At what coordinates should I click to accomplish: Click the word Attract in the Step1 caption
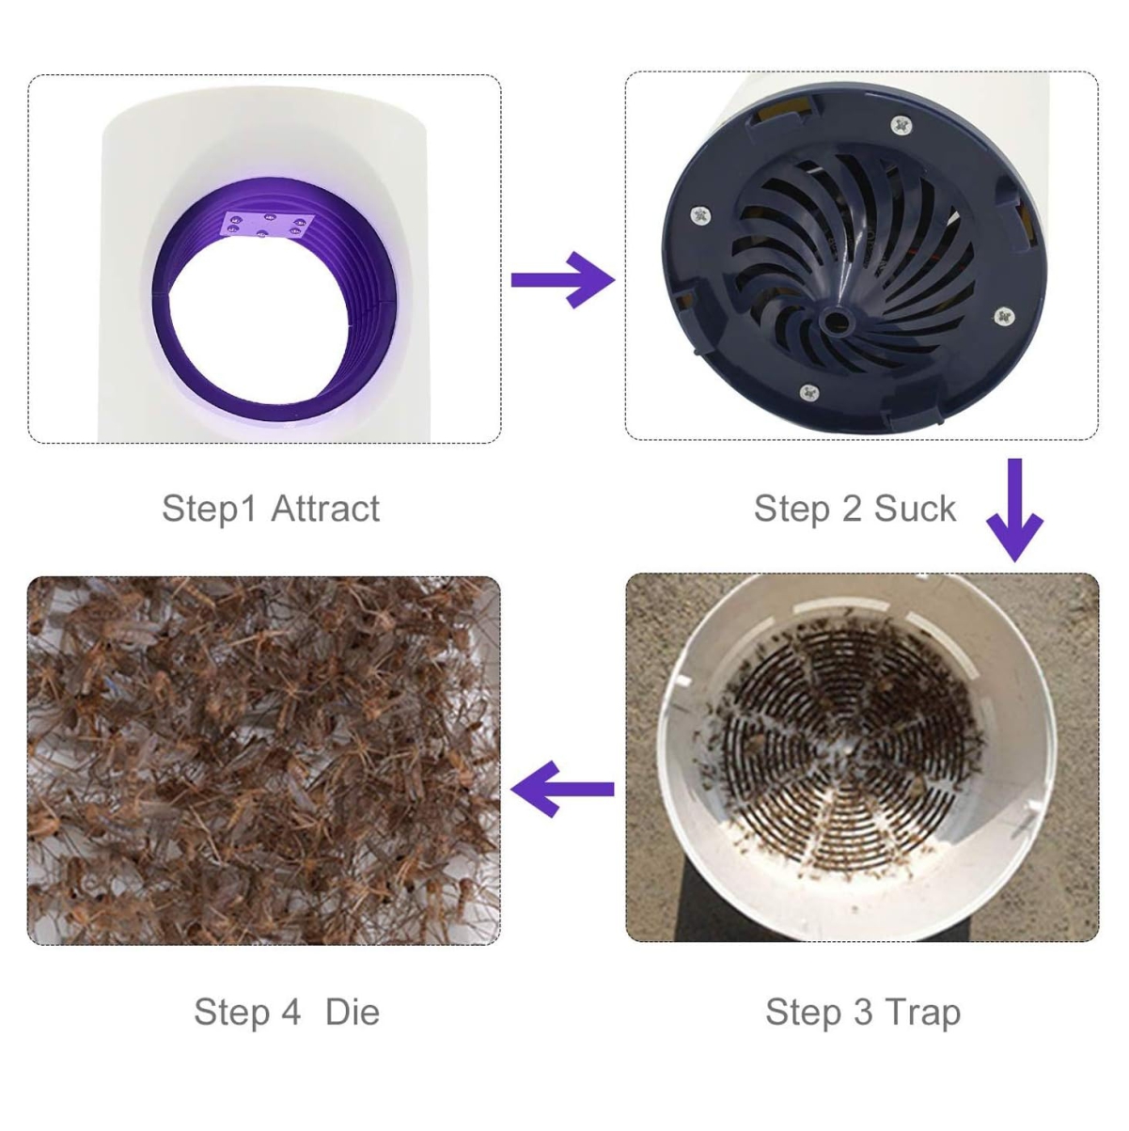tap(324, 509)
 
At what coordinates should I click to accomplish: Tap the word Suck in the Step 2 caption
tap(915, 509)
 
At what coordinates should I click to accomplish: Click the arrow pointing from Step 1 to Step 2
tap(563, 280)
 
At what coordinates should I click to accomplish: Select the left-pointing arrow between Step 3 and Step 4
tap(562, 789)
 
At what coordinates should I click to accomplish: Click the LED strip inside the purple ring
tap(267, 226)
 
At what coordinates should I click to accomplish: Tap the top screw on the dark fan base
tap(901, 125)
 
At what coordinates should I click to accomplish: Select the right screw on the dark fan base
tap(1005, 317)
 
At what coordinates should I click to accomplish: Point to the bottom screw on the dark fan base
tap(809, 392)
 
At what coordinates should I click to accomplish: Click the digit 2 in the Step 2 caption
tap(852, 509)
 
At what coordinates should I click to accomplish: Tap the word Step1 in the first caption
tap(209, 509)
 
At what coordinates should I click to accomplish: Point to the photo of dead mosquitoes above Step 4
tap(264, 761)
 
